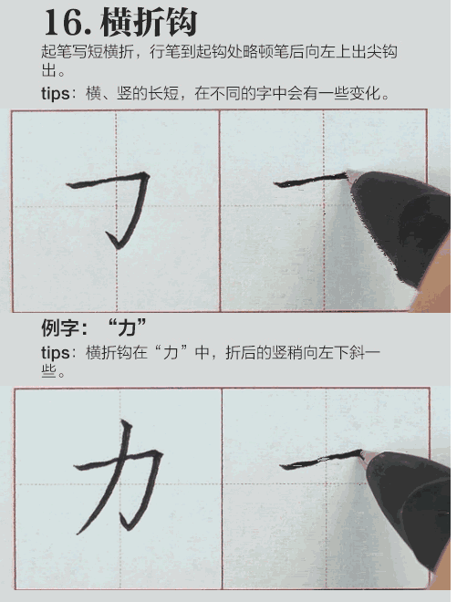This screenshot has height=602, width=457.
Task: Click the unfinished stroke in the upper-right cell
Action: click(310, 181)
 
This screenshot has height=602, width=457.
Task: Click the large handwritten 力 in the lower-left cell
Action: click(119, 474)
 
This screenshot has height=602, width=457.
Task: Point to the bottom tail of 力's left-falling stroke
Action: click(81, 532)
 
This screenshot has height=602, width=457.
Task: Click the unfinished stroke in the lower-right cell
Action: click(319, 460)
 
